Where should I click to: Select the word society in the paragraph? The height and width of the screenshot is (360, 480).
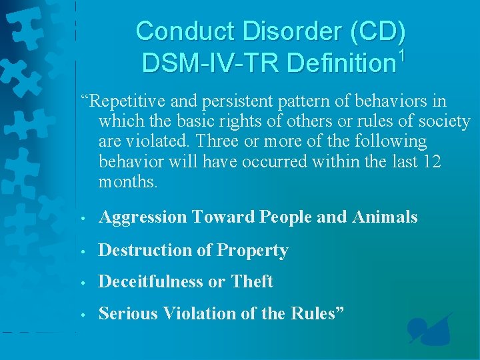[443, 122]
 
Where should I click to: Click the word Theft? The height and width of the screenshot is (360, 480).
[252, 282]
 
